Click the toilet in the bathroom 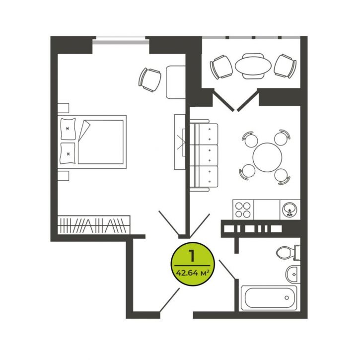pos(288,253)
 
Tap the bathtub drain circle pos(287,298)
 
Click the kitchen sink pos(290,210)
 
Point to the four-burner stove pos(243,210)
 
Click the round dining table pos(267,157)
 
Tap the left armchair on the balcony pos(221,67)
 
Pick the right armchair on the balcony pos(286,67)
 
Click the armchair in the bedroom pos(149,79)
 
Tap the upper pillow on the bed pos(68,129)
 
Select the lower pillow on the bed pos(68,153)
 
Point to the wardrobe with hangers pos(94,225)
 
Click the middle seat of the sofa pos(204,155)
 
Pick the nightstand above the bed pos(63,108)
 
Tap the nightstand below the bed pos(63,176)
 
